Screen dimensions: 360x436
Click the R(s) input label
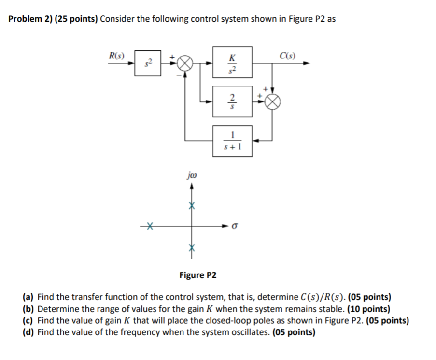(116, 55)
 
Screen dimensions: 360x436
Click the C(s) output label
(288, 55)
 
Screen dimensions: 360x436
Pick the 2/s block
(232, 101)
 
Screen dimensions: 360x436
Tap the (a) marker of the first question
(28, 297)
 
